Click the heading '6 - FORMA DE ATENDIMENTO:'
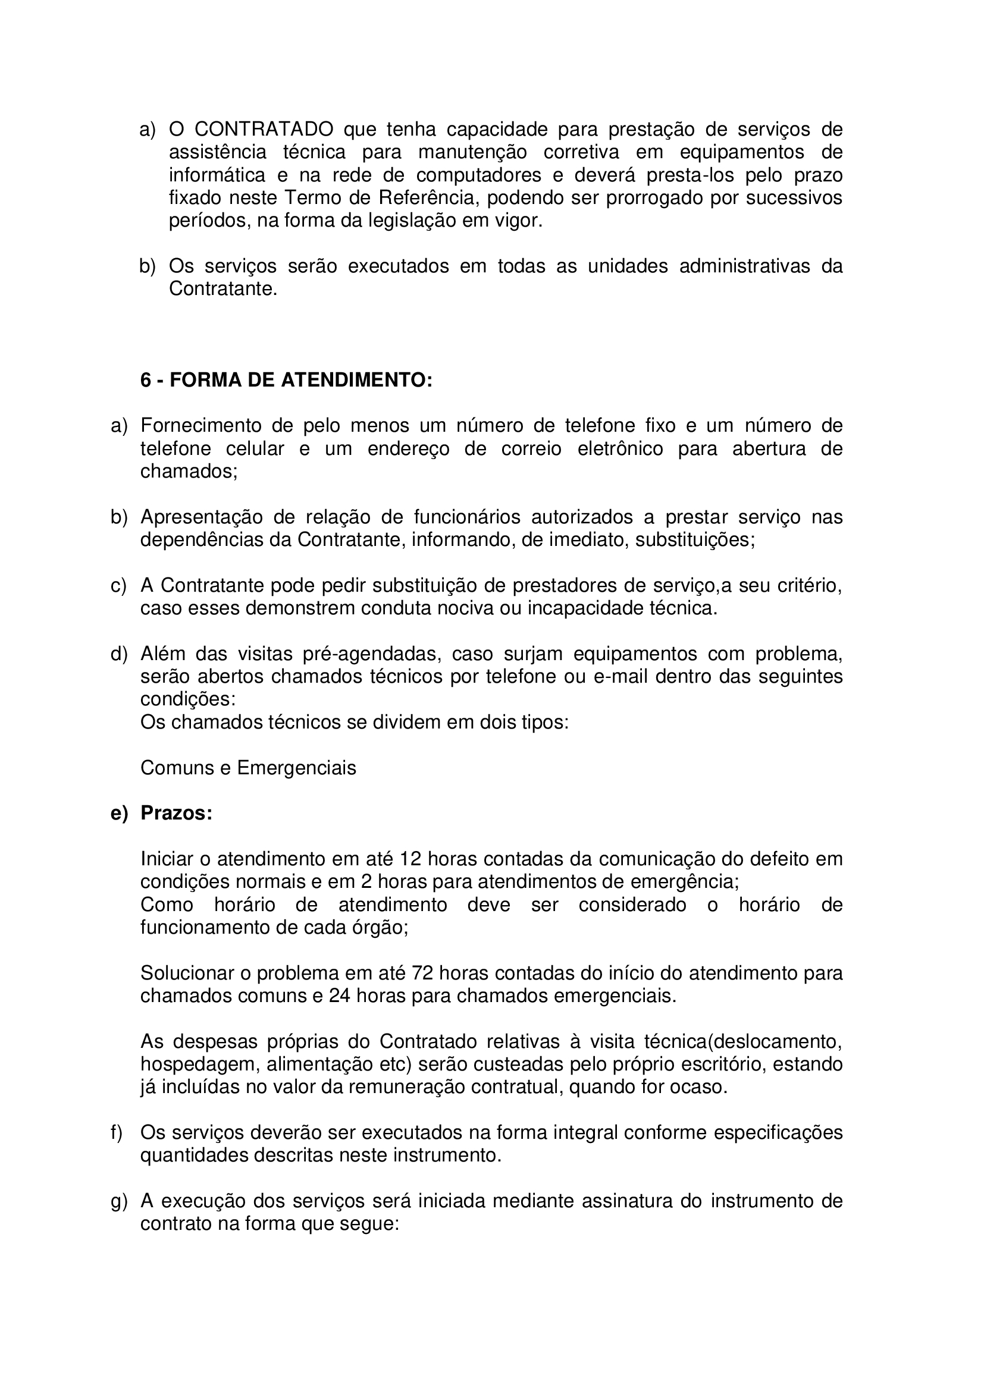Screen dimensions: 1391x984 (x=286, y=380)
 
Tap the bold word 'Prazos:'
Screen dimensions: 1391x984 (x=176, y=813)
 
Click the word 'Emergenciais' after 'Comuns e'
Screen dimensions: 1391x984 (x=297, y=768)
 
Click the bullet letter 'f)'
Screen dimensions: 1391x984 (x=117, y=1133)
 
